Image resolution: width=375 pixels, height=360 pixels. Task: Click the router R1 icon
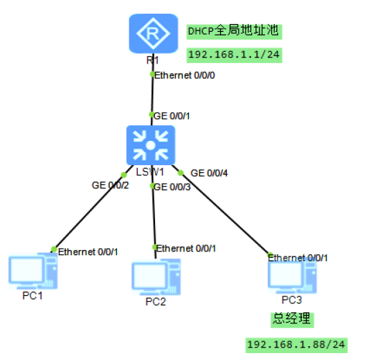coord(154,33)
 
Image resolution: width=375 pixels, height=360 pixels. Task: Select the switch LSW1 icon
coord(151,145)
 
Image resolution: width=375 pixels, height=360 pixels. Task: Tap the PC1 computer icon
coord(33,271)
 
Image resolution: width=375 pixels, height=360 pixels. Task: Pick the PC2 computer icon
coord(156,277)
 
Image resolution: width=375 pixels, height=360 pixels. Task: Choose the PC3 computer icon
coord(292,276)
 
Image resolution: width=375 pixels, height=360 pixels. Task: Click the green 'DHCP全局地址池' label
coord(234,32)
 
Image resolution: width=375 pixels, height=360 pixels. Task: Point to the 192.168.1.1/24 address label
coord(234,55)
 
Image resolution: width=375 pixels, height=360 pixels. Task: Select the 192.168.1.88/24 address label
coord(296,345)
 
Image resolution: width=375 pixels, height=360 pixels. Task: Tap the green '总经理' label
coord(292,320)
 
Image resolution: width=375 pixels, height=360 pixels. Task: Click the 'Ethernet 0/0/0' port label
coord(185,75)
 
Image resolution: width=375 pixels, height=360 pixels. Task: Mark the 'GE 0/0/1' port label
coord(172,116)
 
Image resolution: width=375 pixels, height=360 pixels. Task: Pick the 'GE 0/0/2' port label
coord(110,185)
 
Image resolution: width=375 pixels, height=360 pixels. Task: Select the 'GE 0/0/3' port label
coord(172,187)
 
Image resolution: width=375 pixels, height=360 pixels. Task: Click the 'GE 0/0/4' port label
coord(209,173)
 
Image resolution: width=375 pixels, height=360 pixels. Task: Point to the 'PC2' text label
coord(156,302)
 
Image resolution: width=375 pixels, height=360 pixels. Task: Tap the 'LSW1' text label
coord(150,172)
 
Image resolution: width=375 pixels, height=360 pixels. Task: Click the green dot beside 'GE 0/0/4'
coord(181,173)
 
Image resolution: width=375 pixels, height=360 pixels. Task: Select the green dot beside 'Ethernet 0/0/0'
coord(152,75)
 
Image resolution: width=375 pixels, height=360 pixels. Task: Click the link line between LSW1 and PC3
coord(221,209)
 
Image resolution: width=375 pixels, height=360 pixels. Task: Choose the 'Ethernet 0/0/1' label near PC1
coord(88,252)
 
